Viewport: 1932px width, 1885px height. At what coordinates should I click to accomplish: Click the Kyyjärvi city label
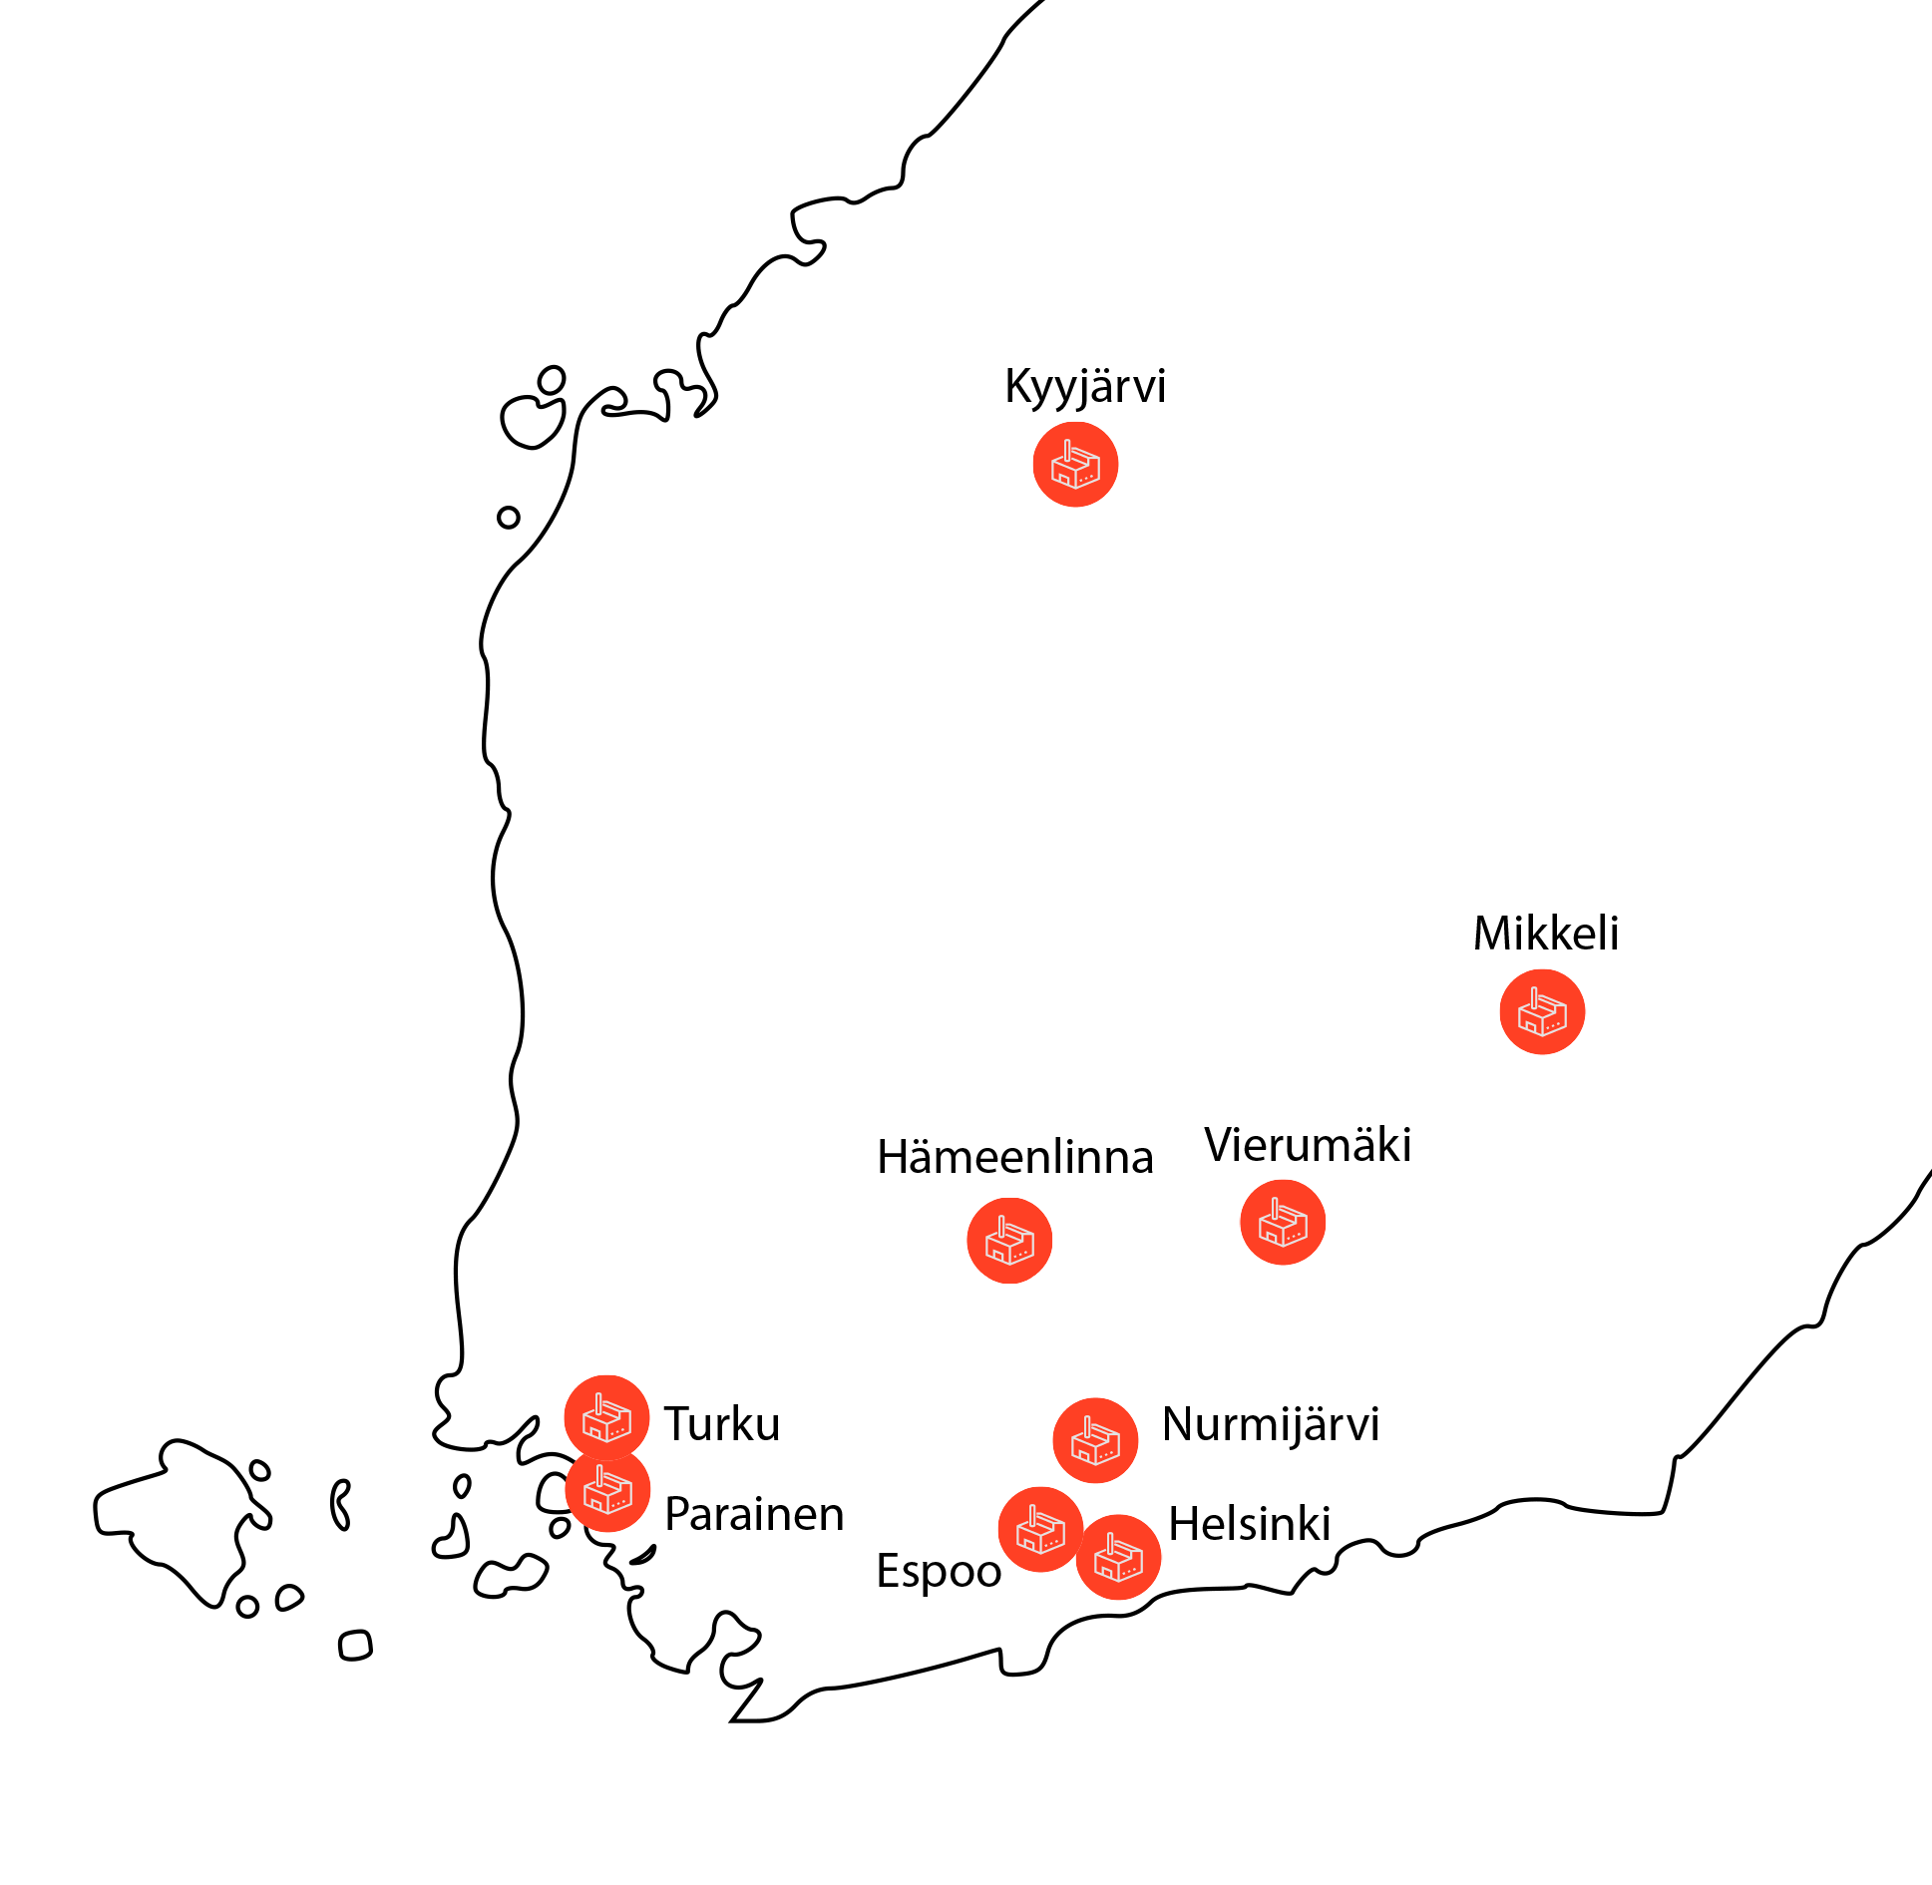[x=1085, y=387]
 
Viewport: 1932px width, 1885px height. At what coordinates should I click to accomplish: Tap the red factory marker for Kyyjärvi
[x=1075, y=465]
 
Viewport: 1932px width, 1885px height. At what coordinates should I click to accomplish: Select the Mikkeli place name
[x=1546, y=934]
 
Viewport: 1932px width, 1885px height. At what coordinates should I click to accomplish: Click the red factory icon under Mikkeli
[x=1542, y=1011]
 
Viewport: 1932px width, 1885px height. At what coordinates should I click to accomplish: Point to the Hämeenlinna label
[x=1015, y=1157]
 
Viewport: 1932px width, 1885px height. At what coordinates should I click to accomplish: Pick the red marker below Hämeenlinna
[x=1009, y=1241]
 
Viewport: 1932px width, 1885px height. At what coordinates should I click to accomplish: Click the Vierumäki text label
[x=1308, y=1145]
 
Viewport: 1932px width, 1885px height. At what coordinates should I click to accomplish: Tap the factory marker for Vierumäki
[x=1283, y=1223]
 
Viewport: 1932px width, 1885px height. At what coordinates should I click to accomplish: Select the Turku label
[x=722, y=1424]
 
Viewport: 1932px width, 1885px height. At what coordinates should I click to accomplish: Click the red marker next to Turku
[x=606, y=1417]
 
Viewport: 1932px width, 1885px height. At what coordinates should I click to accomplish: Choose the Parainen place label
[x=754, y=1514]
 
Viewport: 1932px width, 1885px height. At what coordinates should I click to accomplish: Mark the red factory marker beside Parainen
[x=607, y=1490]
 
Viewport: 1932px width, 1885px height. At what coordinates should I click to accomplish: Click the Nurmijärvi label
[x=1271, y=1425]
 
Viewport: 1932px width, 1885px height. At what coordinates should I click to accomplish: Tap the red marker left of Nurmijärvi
[x=1095, y=1440]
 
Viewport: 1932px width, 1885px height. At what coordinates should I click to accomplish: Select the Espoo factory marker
[x=1040, y=1530]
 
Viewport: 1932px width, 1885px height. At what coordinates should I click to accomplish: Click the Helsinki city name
[x=1250, y=1524]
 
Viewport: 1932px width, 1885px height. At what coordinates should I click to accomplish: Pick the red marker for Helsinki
[x=1118, y=1557]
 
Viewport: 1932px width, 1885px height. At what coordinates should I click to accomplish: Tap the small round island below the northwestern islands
[x=509, y=518]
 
